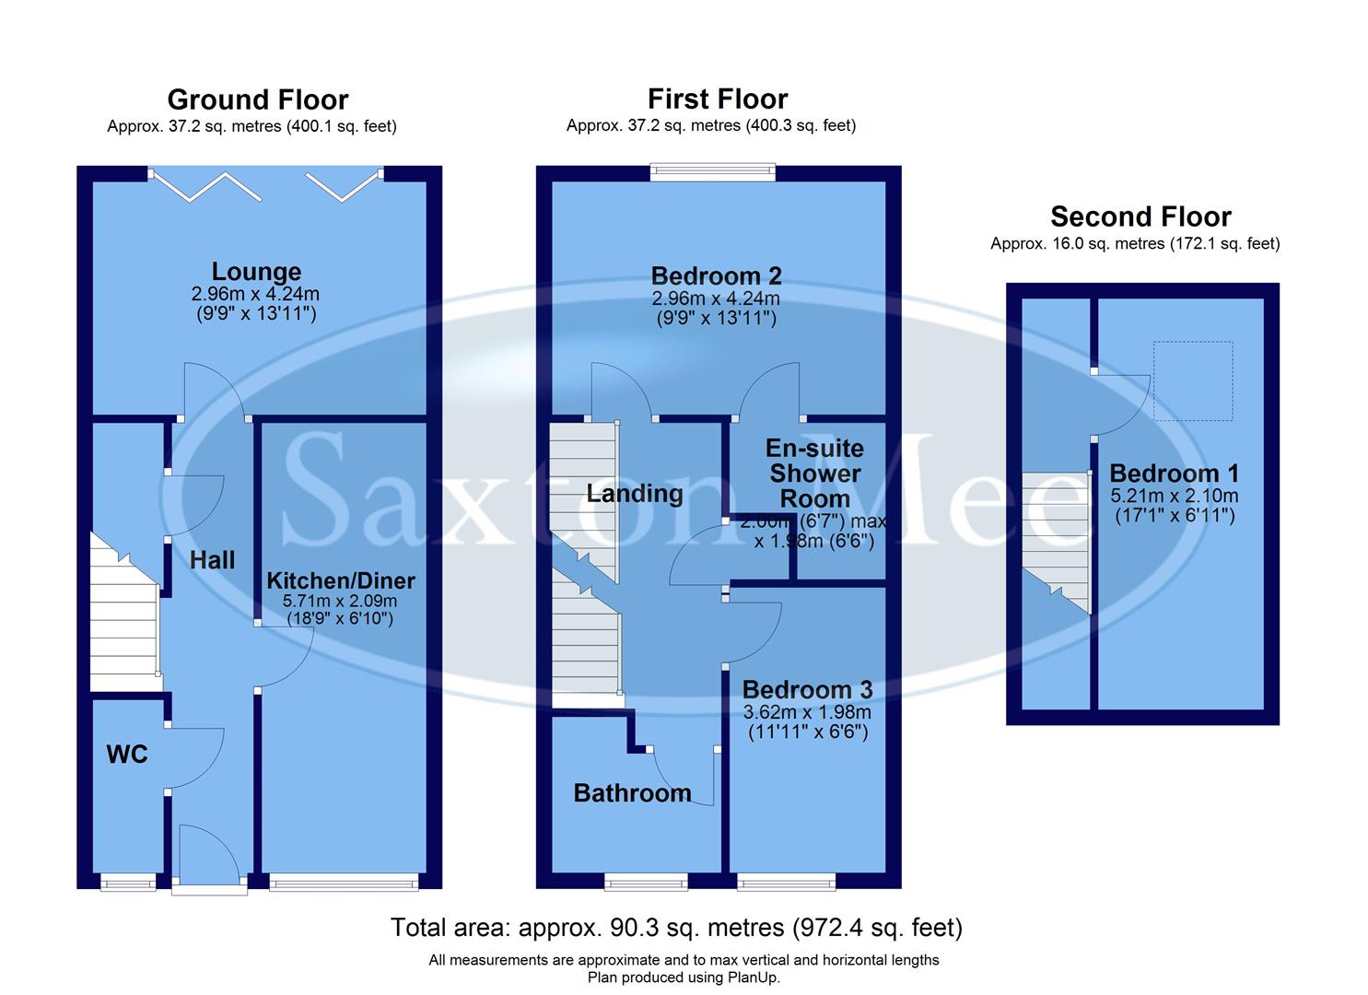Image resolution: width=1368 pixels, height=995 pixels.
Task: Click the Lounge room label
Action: tap(256, 272)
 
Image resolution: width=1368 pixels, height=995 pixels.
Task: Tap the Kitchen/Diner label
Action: tap(340, 581)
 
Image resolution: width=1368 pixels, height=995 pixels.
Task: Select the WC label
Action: tap(127, 755)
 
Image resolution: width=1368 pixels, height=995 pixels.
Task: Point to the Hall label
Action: tap(212, 560)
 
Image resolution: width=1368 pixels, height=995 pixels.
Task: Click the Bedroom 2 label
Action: tap(716, 275)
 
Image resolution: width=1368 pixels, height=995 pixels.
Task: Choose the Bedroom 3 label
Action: tap(807, 690)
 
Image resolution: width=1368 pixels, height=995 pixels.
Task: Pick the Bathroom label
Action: tap(632, 793)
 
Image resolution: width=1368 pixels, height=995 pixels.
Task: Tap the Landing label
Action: tap(635, 494)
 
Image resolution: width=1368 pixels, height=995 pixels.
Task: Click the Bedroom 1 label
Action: tap(1174, 474)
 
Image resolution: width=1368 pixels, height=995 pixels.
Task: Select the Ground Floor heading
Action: tap(258, 99)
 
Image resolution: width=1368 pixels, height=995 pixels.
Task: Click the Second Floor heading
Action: tap(1140, 217)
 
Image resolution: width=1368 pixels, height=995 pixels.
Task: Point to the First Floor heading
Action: tap(718, 99)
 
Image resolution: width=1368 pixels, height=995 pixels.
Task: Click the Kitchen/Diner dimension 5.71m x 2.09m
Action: tap(340, 601)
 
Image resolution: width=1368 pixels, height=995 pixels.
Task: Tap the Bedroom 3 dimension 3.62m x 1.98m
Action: tap(807, 712)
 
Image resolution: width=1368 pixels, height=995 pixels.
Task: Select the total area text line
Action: tap(676, 927)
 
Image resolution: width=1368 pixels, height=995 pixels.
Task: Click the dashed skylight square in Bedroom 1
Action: tap(1193, 380)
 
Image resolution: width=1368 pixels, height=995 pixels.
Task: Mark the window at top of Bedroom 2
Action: tap(712, 171)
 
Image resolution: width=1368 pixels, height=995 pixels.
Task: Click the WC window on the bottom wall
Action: tap(128, 884)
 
